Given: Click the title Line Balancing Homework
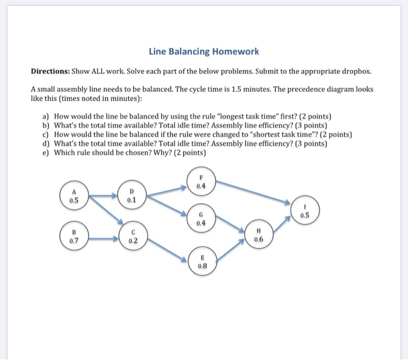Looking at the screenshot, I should click(203, 52).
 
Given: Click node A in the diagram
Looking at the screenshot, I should click(74, 194).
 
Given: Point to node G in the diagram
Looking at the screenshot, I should click(201, 218).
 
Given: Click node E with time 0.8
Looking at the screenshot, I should click(202, 260).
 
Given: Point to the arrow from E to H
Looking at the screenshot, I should click(230, 247).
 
